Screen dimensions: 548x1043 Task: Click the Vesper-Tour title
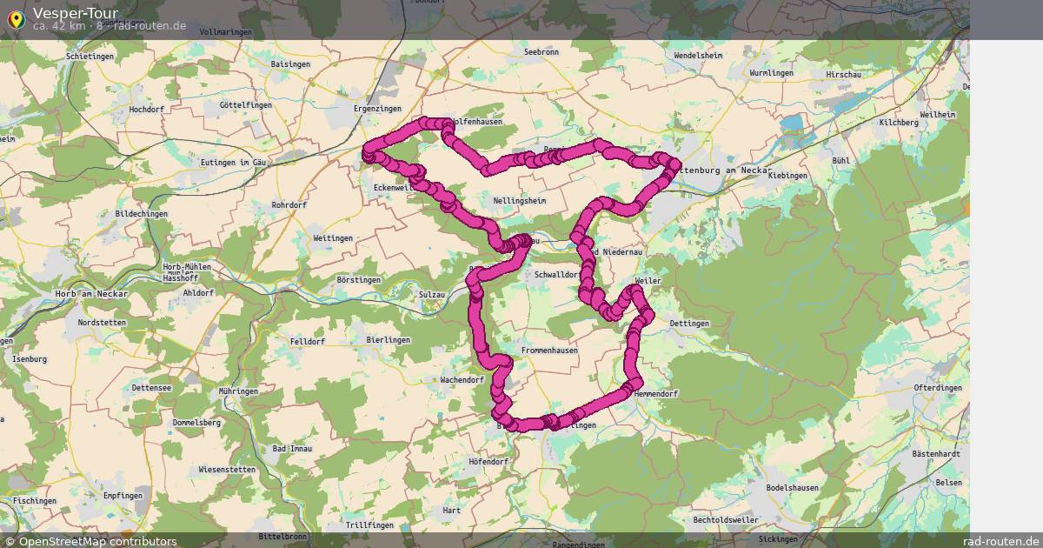pyautogui.click(x=75, y=13)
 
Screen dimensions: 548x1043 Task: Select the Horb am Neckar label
pyautogui.click(x=91, y=294)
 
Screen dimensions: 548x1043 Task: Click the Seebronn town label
pyautogui.click(x=541, y=52)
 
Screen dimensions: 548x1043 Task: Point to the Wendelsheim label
pyautogui.click(x=698, y=56)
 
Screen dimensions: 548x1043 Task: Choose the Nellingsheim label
pyautogui.click(x=519, y=200)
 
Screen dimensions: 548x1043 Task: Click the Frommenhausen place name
pyautogui.click(x=549, y=351)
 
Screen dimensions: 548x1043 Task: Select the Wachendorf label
pyautogui.click(x=462, y=380)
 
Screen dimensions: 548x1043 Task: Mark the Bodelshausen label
pyautogui.click(x=793, y=488)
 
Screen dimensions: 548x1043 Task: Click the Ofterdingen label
pyautogui.click(x=938, y=388)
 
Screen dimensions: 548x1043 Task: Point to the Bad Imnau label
pyautogui.click(x=292, y=449)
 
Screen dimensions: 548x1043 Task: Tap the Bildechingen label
pyautogui.click(x=142, y=213)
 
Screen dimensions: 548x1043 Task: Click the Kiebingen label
pyautogui.click(x=788, y=176)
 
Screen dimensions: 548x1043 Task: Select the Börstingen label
pyautogui.click(x=359, y=280)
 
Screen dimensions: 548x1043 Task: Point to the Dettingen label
pyautogui.click(x=689, y=324)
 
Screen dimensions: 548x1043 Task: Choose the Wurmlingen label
pyautogui.click(x=771, y=73)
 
